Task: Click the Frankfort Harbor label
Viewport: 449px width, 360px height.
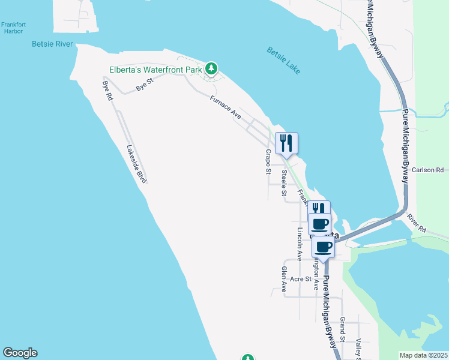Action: pyautogui.click(x=12, y=28)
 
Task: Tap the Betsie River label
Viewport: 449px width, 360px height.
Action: pyautogui.click(x=52, y=44)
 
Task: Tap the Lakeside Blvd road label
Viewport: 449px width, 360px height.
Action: pyautogui.click(x=137, y=163)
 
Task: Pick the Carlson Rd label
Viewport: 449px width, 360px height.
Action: pyautogui.click(x=427, y=170)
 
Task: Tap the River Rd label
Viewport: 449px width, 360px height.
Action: pyautogui.click(x=415, y=224)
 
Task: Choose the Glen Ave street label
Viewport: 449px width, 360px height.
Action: pyautogui.click(x=284, y=279)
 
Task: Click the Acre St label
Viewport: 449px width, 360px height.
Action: pyautogui.click(x=300, y=279)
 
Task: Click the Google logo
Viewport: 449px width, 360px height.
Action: pyautogui.click(x=20, y=353)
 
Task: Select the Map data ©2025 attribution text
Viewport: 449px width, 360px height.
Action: pyautogui.click(x=423, y=355)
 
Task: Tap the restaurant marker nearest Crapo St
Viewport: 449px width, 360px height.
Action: pyautogui.click(x=287, y=143)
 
